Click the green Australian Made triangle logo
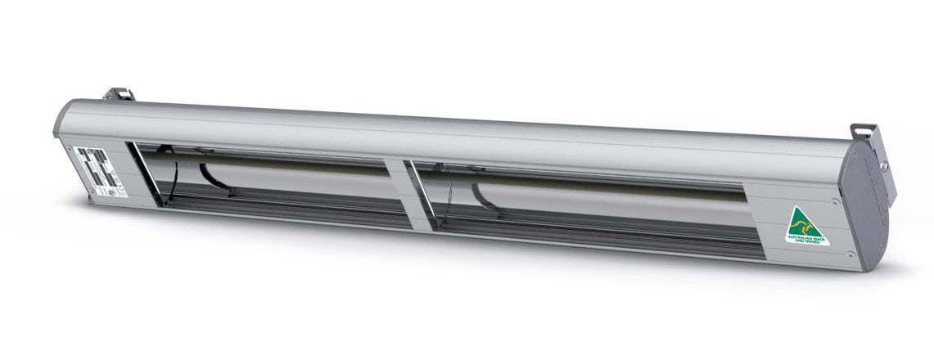(806, 226)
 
